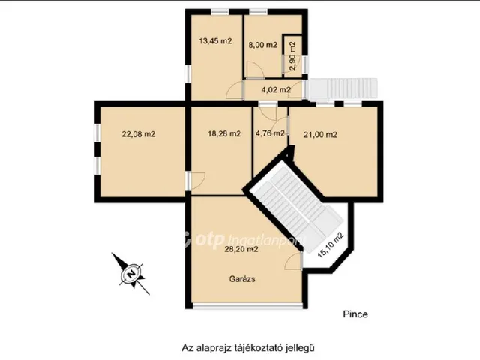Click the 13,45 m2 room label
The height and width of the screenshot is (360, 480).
pos(215,41)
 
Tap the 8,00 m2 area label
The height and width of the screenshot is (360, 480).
pos(262,45)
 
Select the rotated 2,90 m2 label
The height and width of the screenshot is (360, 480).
pos(293,56)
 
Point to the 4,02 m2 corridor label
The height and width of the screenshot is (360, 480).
pos(276,90)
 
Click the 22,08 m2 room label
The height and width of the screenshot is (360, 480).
pos(138,134)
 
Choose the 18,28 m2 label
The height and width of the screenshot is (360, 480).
pos(224,133)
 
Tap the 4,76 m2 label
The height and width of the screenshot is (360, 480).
pos(270,133)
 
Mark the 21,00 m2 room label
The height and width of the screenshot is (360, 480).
pos(320,135)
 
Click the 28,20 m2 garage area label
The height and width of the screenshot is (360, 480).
pos(241,249)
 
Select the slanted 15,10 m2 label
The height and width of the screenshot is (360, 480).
pos(331,245)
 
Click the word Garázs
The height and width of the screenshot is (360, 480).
pos(242,279)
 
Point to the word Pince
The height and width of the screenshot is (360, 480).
pos(355,314)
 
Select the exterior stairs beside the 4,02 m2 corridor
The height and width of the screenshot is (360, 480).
pos(343,88)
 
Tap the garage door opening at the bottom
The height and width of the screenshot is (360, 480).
pos(247,305)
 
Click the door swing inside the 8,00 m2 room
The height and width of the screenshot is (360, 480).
pos(255,70)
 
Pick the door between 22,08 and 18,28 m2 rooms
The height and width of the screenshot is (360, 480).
pos(196,181)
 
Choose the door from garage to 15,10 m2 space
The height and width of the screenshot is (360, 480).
pos(294,261)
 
